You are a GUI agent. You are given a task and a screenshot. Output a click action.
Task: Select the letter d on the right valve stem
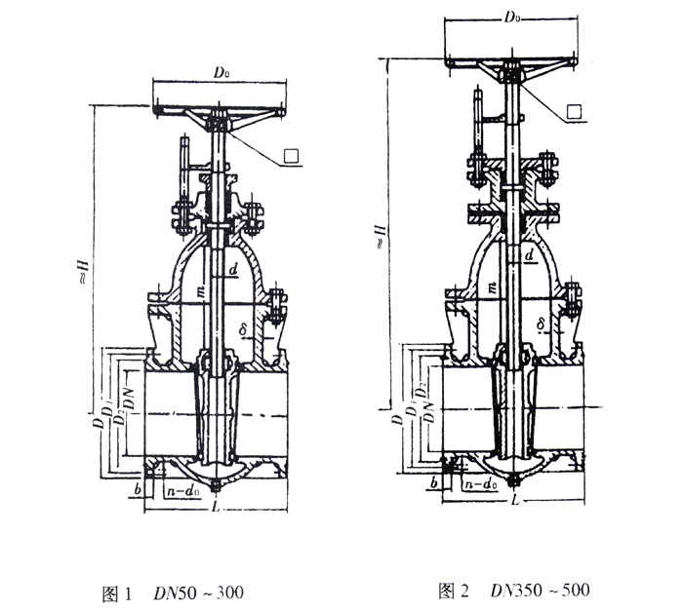(x=527, y=255)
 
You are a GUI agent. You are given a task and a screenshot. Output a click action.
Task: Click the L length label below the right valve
(x=511, y=499)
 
